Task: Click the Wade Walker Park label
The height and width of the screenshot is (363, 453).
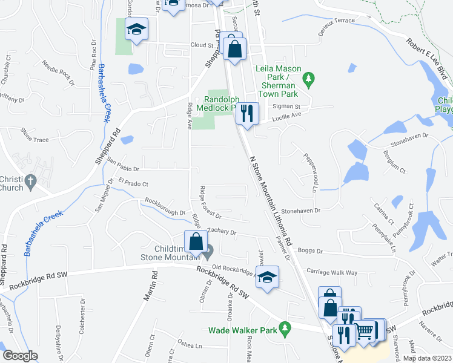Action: [242, 330]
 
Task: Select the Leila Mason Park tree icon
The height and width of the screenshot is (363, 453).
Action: [309, 77]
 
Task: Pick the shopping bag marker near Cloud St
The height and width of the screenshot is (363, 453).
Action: [234, 48]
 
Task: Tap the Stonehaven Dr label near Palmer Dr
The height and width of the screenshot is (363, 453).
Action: [300, 210]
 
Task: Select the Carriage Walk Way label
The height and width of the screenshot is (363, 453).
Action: [332, 272]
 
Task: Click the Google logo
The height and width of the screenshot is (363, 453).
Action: [20, 356]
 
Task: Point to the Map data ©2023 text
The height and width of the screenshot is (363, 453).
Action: [427, 358]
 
